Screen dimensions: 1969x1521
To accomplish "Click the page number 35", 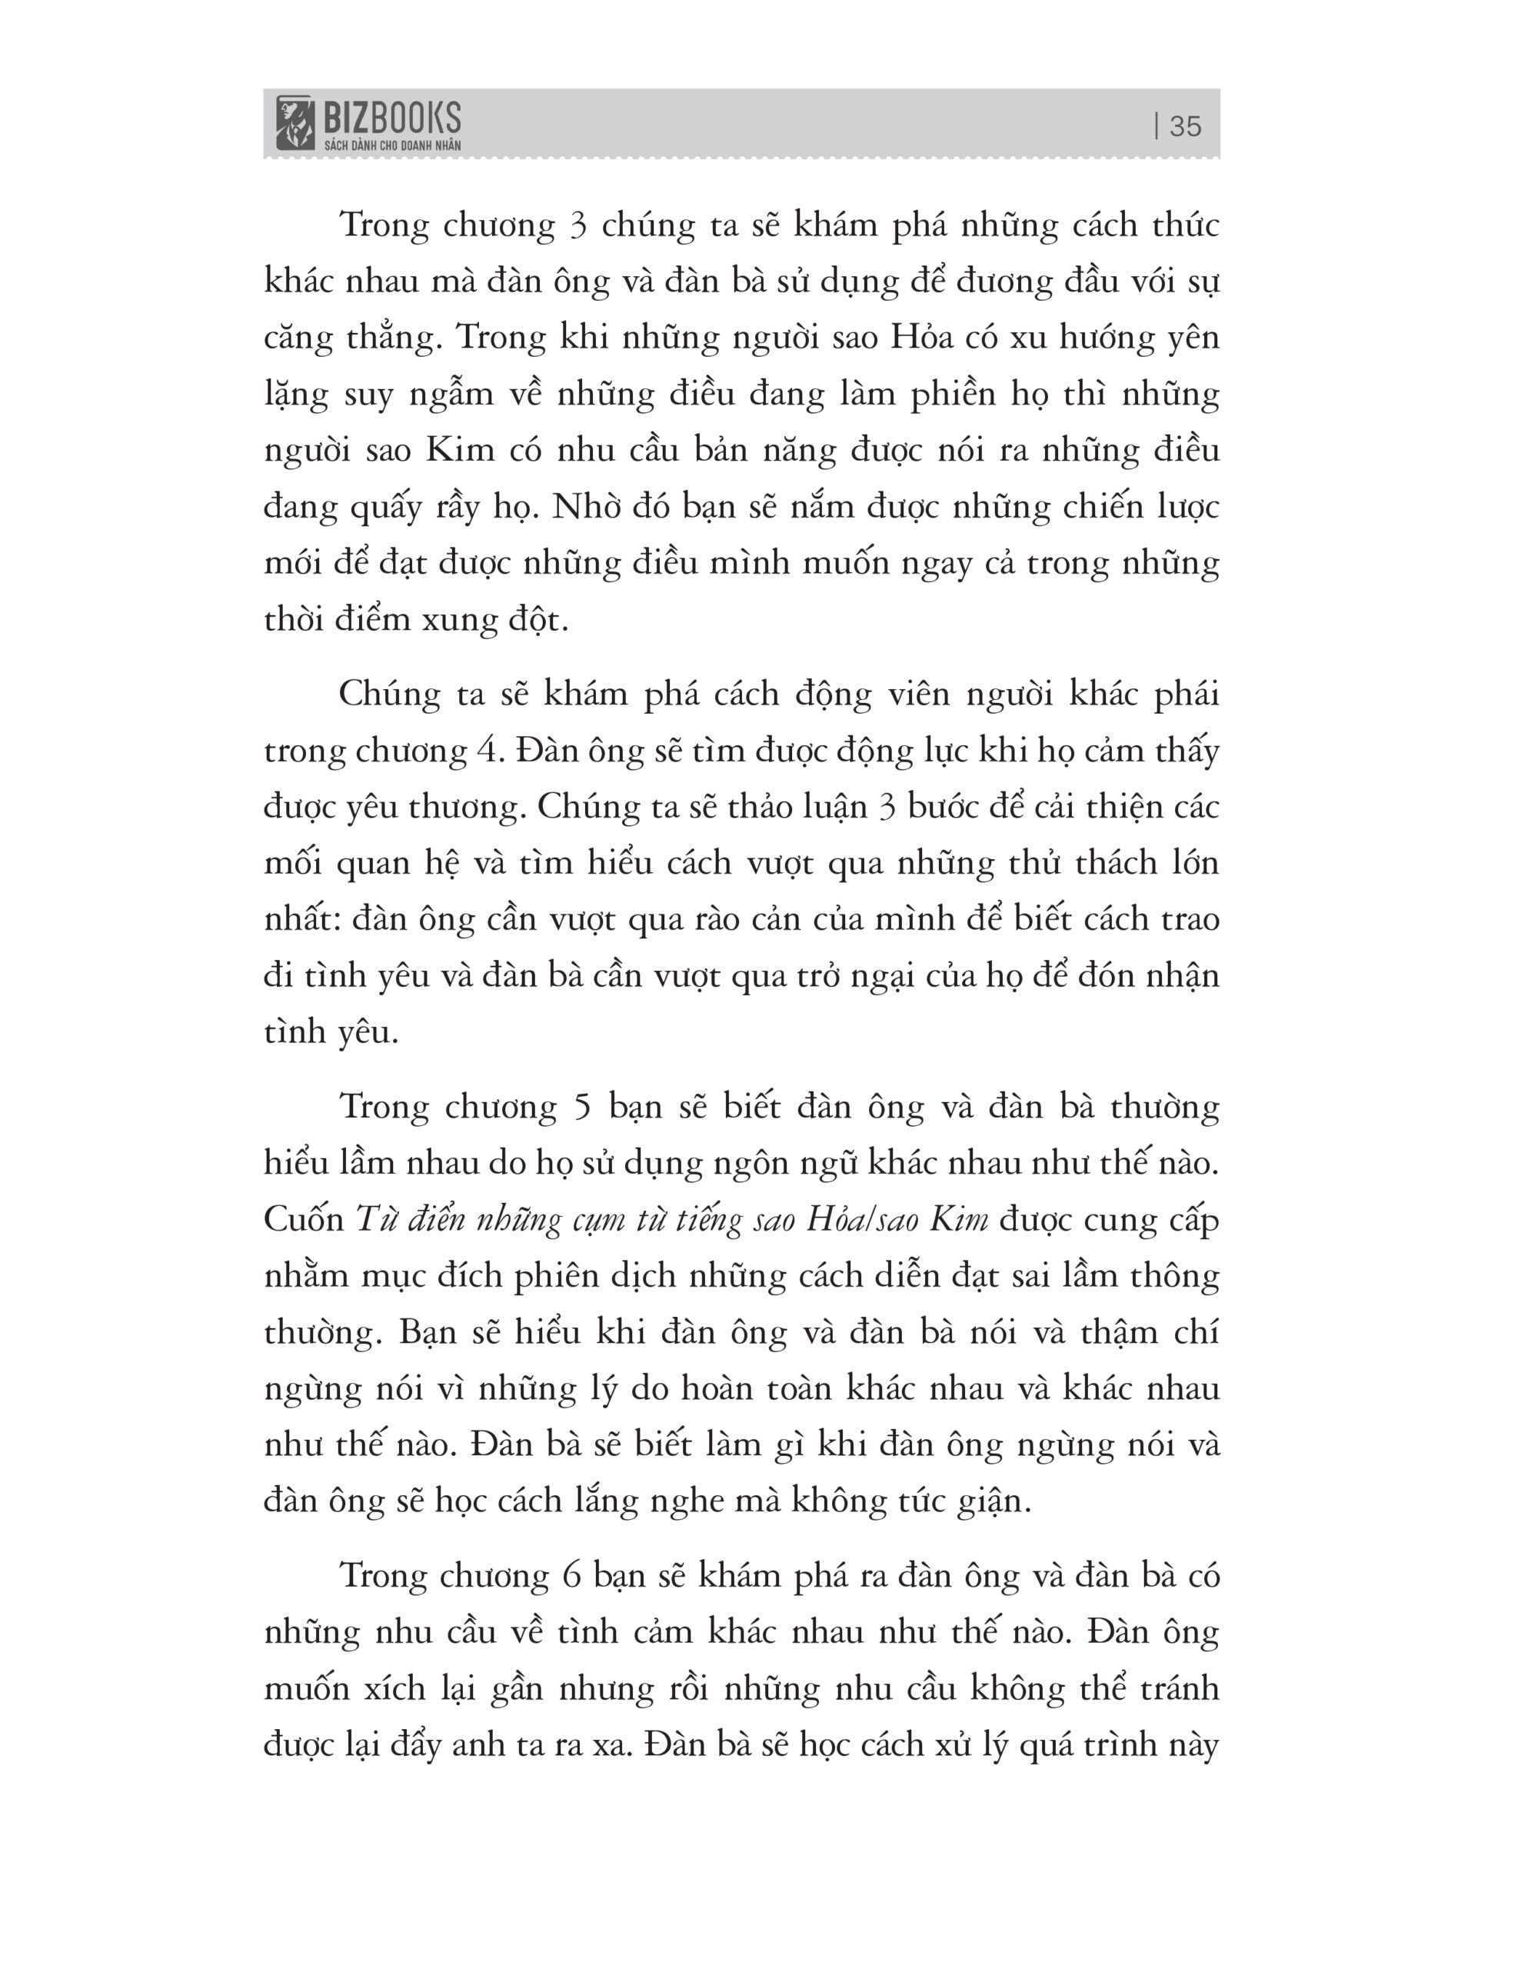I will [x=1185, y=126].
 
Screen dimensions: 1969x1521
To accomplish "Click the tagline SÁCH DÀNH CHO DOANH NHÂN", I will [x=392, y=145].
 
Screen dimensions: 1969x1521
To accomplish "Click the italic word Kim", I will [x=958, y=1219].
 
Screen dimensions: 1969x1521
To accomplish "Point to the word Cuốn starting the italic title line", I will [x=304, y=1219].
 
